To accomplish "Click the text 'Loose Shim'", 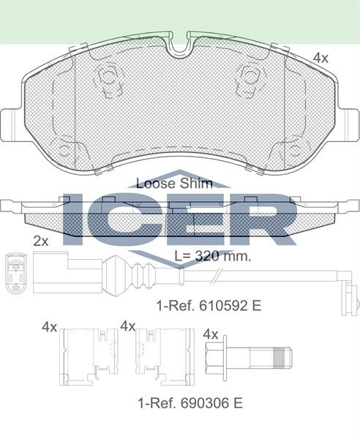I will pyautogui.click(x=175, y=183).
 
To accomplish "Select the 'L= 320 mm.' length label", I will pyautogui.click(x=213, y=256).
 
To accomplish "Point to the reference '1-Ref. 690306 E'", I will pyautogui.click(x=190, y=402).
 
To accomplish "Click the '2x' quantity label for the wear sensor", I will pyautogui.click(x=41, y=240).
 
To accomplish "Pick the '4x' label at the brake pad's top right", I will pyautogui.click(x=320, y=57).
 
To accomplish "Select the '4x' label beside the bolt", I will pyautogui.click(x=211, y=334).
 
